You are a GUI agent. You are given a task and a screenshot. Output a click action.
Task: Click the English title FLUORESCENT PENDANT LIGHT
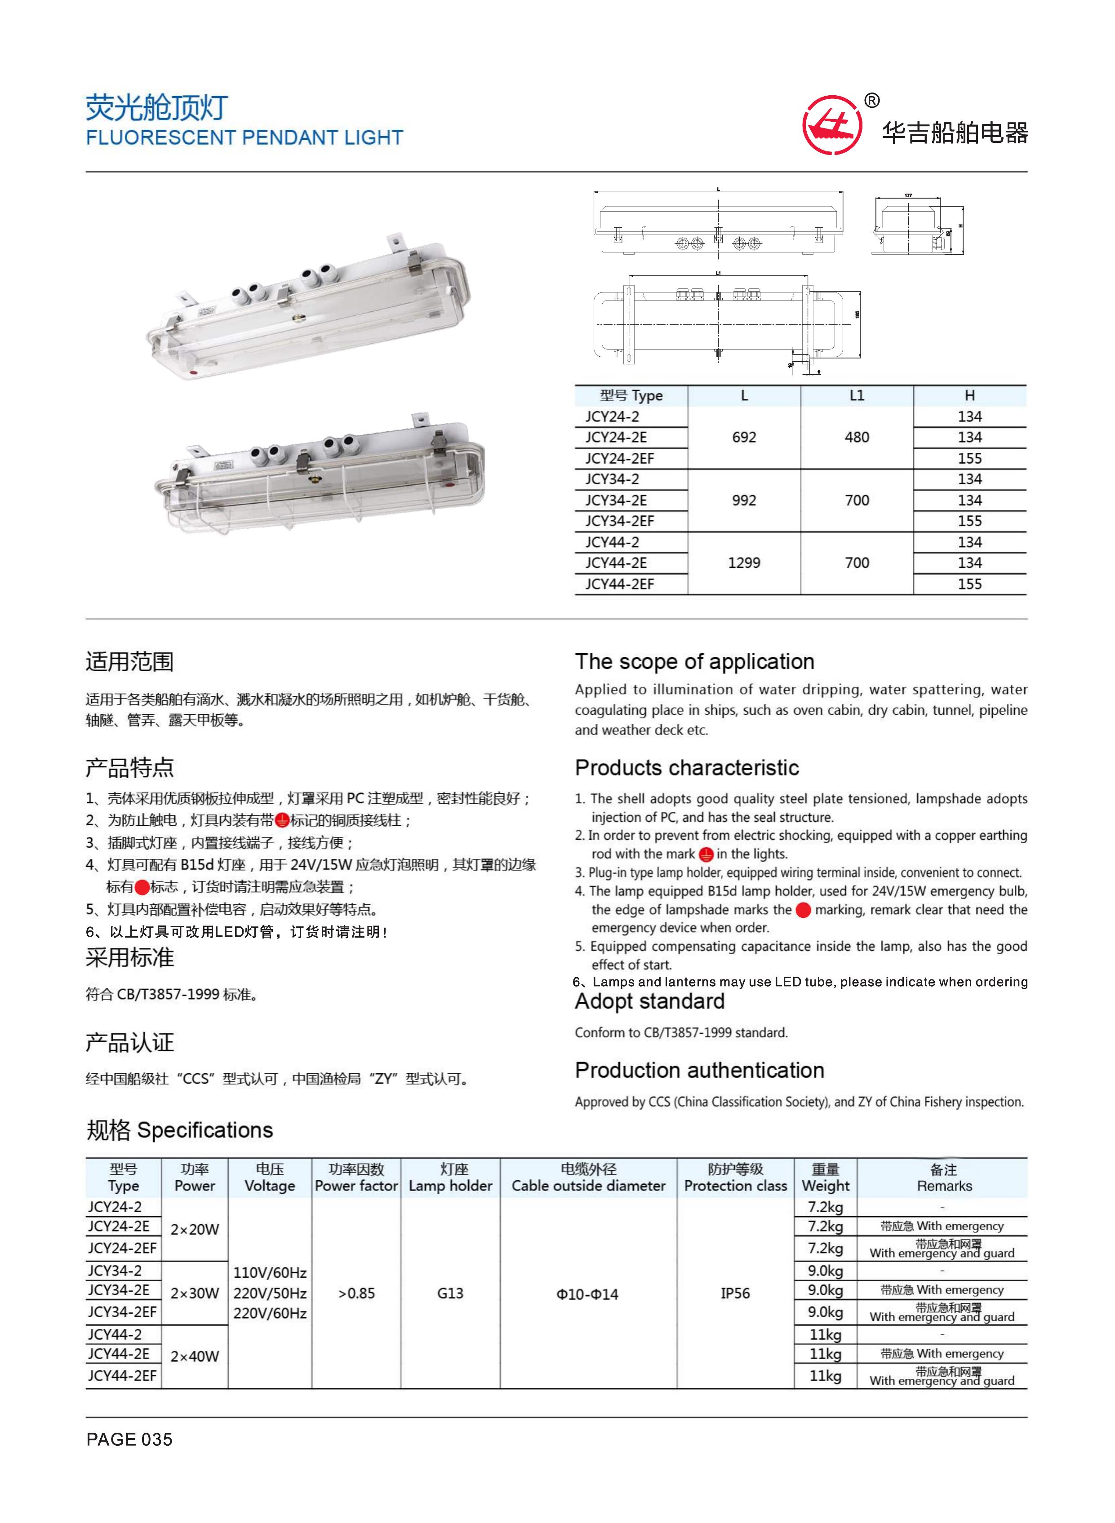[244, 137]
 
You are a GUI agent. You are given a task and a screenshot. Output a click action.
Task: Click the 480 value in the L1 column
[857, 437]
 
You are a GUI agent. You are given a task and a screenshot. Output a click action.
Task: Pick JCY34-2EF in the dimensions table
[620, 521]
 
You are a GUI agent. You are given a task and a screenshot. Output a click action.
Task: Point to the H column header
[969, 395]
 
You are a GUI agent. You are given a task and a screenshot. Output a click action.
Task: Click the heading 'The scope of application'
[694, 661]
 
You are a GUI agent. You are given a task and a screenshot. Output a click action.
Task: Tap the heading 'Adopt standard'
[649, 1001]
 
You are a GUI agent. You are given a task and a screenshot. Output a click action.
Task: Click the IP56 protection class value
[735, 1293]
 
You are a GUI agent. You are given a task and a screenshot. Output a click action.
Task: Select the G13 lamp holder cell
[450, 1293]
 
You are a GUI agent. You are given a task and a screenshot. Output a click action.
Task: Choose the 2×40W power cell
[195, 1356]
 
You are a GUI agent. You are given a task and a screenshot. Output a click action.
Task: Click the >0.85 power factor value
[356, 1293]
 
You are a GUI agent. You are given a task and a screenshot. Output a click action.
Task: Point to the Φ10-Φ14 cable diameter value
[587, 1294]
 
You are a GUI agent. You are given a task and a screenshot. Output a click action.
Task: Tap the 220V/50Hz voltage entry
[270, 1293]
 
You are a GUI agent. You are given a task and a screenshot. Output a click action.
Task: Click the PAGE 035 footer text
[129, 1440]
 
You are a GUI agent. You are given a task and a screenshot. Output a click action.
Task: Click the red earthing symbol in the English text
[706, 854]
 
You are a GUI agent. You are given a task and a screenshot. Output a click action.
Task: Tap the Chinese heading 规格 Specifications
[179, 1130]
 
